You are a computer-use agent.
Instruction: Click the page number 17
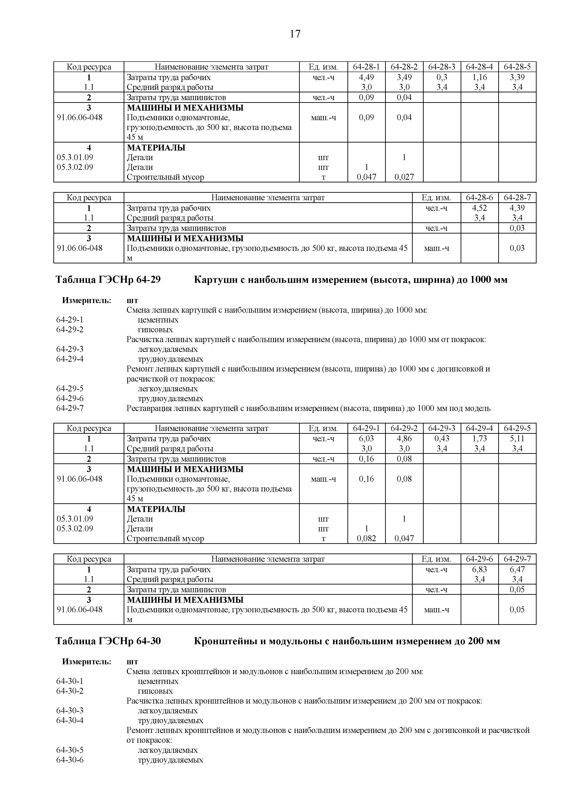[x=295, y=34]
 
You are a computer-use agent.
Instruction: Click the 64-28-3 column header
[x=442, y=67]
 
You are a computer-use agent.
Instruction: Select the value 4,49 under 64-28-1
[x=366, y=77]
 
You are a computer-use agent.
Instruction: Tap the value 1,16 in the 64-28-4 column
[x=479, y=77]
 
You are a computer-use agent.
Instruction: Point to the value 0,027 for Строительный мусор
[x=404, y=177]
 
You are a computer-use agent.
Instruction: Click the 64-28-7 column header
[x=517, y=197]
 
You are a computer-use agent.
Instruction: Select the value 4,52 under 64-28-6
[x=479, y=208]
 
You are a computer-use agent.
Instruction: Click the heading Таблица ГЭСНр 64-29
[x=108, y=279]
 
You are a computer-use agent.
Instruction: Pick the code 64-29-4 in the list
[x=70, y=359]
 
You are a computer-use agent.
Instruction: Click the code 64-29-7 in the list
[x=70, y=408]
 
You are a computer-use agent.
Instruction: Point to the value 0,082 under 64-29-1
[x=366, y=538]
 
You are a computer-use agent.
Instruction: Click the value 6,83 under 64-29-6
[x=479, y=569]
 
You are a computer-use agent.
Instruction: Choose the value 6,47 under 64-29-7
[x=517, y=569]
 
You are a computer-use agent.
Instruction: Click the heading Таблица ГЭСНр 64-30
[x=108, y=641]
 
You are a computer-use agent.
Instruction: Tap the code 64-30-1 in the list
[x=70, y=681]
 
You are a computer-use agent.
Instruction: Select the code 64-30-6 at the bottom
[x=70, y=760]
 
